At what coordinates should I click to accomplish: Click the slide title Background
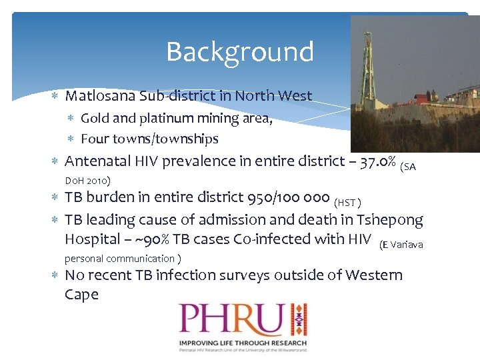coord(239,51)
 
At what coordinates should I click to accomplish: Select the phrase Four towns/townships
coord(149,139)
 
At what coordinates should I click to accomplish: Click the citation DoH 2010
coord(87,181)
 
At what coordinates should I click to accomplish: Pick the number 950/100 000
coord(288,197)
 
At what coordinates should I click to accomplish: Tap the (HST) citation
coord(347,202)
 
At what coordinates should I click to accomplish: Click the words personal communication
coord(119,259)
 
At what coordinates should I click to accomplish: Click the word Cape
coord(81,295)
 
